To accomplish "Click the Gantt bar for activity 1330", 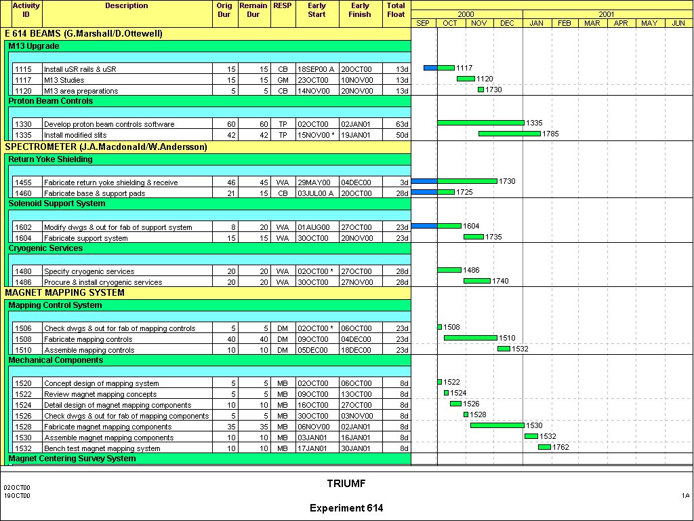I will tap(480, 123).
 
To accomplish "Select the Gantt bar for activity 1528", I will tap(497, 425).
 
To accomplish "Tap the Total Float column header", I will tap(396, 9).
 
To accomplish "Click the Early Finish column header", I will tap(360, 9).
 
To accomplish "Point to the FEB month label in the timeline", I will tap(565, 23).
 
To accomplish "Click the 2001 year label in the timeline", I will tap(607, 14).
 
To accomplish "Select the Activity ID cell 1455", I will tap(24, 182).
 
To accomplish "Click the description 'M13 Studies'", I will tap(64, 80).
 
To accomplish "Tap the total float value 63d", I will tap(402, 124).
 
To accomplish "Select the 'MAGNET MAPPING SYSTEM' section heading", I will tap(64, 293).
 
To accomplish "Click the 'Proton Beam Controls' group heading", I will tap(51, 101).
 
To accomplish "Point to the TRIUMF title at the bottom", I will tap(346, 484).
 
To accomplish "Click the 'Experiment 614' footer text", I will tap(346, 508).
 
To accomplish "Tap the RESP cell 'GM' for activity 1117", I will tap(283, 80).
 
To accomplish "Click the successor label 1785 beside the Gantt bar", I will tap(550, 134).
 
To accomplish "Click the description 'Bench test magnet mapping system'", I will tap(102, 448).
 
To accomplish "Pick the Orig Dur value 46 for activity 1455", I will tap(231, 182).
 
